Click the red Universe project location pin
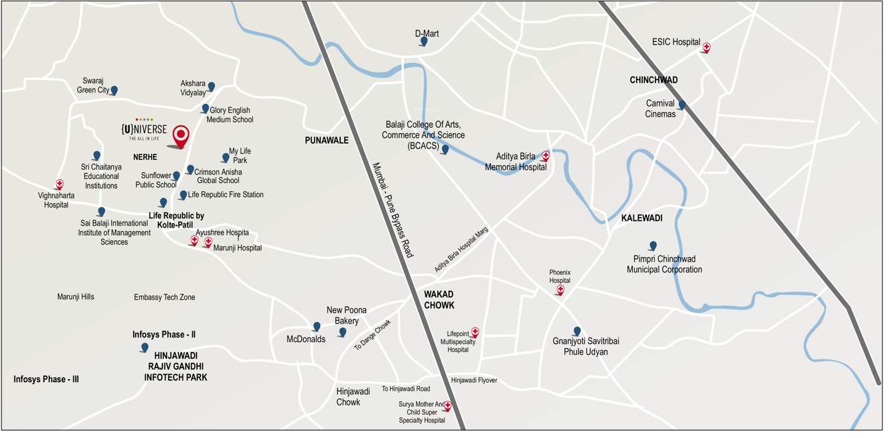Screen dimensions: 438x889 (x=180, y=135)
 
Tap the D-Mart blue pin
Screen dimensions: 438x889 (x=423, y=42)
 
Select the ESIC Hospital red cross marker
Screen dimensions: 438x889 (x=706, y=47)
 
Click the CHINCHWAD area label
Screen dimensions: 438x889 (x=653, y=80)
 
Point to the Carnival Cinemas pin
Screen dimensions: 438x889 (x=681, y=105)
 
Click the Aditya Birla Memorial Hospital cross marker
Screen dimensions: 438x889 (x=546, y=156)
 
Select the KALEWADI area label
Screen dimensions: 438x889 (x=641, y=218)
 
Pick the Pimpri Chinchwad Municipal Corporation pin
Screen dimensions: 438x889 (x=653, y=246)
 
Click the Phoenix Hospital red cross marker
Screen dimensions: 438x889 (x=560, y=290)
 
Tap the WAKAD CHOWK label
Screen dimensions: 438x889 (x=439, y=300)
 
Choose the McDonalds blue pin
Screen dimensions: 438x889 (x=317, y=326)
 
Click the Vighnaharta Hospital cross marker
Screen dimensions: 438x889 (x=59, y=184)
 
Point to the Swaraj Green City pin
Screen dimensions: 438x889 (x=114, y=90)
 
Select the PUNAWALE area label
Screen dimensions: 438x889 (x=327, y=140)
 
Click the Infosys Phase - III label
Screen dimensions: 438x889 (x=46, y=379)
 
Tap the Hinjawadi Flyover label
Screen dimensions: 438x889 (x=474, y=381)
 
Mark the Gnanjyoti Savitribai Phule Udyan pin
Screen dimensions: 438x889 (x=577, y=331)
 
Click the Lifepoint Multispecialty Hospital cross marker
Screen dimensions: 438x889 (x=474, y=331)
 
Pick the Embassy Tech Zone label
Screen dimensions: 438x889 (x=164, y=298)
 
